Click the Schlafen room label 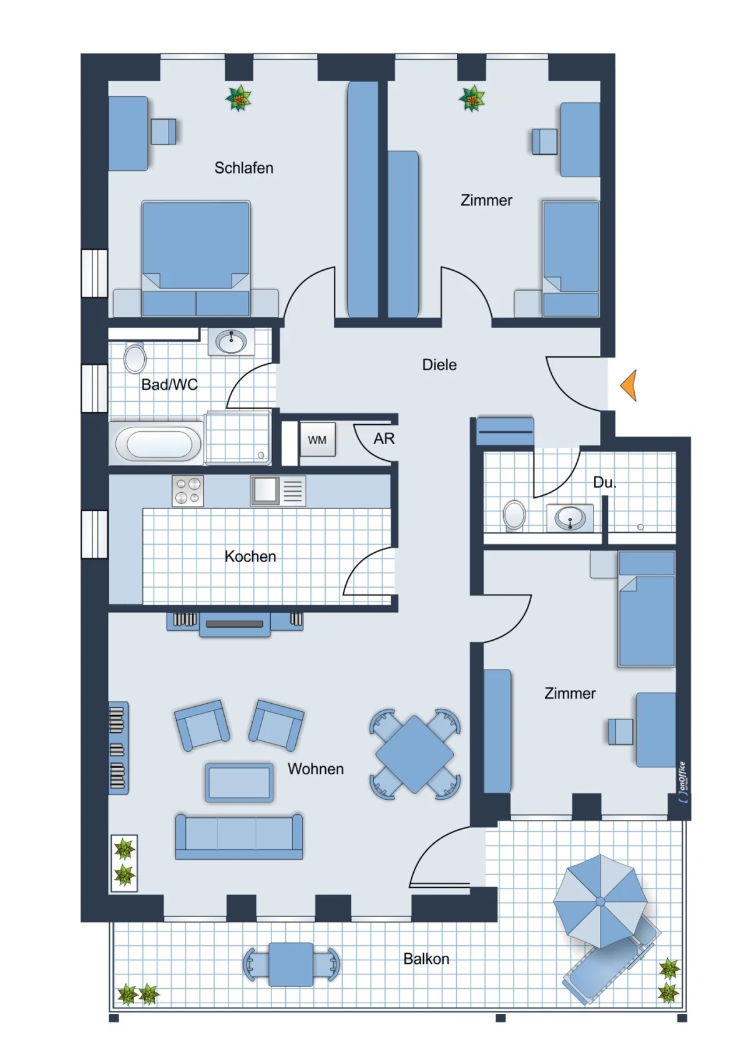coord(243,168)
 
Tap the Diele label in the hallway coord(439,365)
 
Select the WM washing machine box coord(318,440)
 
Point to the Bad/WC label coord(170,385)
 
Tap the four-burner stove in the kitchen coord(187,491)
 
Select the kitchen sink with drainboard coord(278,491)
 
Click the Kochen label coord(250,557)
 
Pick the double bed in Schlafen coord(195,258)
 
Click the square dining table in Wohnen coord(414,754)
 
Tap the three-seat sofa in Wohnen coord(239,837)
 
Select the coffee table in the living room coord(239,783)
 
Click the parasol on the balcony coord(600,902)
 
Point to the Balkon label coord(426,959)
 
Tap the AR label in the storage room coord(384,439)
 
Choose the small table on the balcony coord(291,965)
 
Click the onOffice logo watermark coord(682,782)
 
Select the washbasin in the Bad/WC coord(231,341)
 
